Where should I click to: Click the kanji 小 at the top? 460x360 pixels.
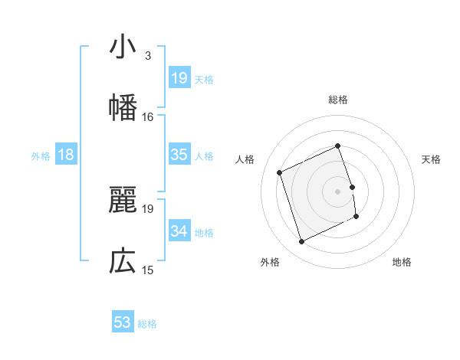point(122,47)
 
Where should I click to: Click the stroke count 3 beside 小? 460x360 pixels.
point(147,56)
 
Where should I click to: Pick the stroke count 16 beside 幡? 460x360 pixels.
point(148,116)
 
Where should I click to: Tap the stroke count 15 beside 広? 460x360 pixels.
point(148,270)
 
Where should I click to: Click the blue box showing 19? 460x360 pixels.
point(179,78)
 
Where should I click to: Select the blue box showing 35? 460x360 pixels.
point(179,155)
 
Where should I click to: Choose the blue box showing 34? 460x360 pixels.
point(179,231)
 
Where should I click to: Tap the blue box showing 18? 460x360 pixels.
point(66,155)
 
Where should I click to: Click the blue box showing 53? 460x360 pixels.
point(122,322)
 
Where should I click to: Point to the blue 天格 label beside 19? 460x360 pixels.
point(204,80)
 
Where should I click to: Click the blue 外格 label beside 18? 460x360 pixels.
point(41,156)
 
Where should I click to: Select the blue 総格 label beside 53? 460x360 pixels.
point(147,324)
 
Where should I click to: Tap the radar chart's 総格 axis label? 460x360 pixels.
point(338,100)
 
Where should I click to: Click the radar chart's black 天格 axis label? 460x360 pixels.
point(432,159)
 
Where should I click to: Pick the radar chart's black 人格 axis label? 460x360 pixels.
point(245,159)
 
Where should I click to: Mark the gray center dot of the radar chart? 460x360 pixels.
point(338,191)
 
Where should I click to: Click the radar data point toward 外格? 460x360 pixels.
point(301,242)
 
